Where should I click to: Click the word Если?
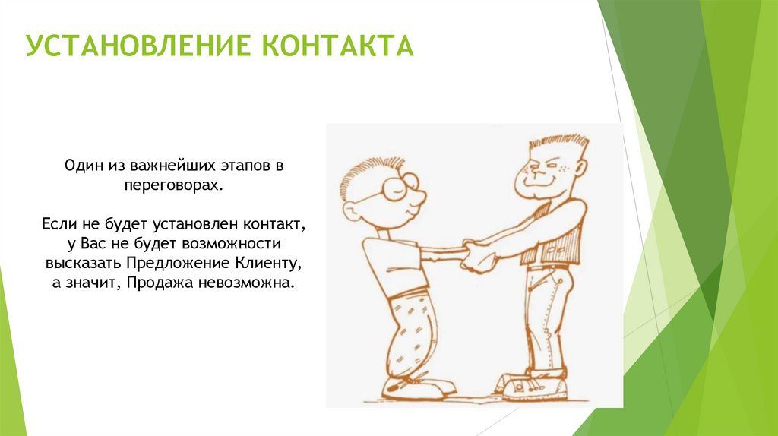point(57,225)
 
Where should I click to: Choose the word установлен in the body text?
point(197,225)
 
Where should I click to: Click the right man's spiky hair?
point(558,142)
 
